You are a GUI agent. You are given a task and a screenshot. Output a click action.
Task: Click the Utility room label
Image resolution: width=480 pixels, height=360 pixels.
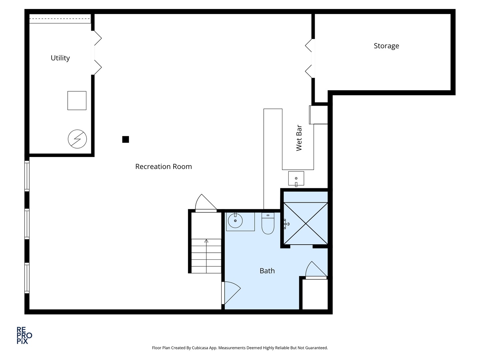60,58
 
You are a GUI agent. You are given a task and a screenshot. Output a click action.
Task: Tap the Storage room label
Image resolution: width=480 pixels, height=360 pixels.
386,46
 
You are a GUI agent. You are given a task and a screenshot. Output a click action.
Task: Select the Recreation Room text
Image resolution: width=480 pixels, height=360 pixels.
163,167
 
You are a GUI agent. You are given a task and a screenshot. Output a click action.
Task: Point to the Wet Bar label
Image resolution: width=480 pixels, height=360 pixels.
299,138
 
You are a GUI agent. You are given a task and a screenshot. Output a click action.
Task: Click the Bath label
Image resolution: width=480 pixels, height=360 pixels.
267,271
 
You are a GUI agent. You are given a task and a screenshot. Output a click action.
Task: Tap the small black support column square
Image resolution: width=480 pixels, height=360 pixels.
126,139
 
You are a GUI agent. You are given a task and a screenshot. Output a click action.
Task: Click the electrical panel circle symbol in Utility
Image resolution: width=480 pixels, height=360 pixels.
77,139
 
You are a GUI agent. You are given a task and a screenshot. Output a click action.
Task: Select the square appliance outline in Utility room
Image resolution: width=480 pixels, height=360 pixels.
77,101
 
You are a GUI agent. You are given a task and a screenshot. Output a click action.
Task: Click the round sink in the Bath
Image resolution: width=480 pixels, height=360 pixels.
235,221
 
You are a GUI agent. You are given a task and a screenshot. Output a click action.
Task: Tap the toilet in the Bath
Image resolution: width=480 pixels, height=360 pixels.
268,223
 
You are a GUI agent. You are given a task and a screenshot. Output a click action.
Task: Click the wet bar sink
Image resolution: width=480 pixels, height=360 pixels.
296,178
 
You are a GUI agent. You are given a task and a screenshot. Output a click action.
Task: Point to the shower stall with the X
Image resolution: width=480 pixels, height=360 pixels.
305,223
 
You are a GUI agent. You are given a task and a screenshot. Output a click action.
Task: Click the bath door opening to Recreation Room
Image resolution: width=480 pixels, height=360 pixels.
231,293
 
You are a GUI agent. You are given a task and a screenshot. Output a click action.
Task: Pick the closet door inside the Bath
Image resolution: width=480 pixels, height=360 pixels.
316,270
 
